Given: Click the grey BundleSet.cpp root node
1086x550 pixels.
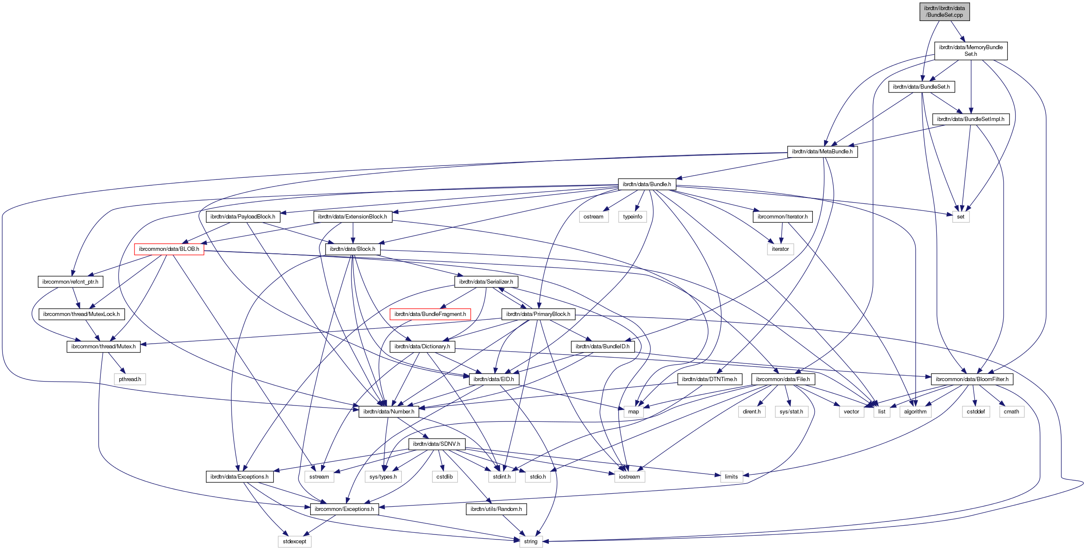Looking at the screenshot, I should (x=944, y=11).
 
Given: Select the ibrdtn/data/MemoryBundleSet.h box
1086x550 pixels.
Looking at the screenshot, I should (x=970, y=50).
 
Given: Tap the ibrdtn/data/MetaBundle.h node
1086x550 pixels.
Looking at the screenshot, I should (x=822, y=152).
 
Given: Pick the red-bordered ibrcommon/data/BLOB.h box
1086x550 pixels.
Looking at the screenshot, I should (x=169, y=249).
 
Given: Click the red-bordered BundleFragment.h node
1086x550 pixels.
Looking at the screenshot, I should (x=430, y=314).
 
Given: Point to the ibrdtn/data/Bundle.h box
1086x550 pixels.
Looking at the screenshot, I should (x=647, y=184).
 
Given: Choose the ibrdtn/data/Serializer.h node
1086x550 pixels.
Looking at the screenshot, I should (x=486, y=282).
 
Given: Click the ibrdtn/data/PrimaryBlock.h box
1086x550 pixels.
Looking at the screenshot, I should (x=538, y=314).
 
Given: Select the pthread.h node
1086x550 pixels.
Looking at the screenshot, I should (x=130, y=379).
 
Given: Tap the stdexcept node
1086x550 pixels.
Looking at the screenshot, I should (x=294, y=541).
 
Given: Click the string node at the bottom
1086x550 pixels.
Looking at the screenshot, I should (x=530, y=541).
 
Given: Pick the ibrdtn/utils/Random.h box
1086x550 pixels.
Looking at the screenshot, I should (x=496, y=509).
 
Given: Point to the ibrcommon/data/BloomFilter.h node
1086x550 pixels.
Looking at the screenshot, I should (x=972, y=379).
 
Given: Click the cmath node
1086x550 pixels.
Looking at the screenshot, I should (x=1011, y=411).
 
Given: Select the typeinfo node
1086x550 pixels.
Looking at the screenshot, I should (x=633, y=217).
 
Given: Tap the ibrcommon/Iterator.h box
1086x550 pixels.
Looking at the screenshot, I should (x=783, y=217).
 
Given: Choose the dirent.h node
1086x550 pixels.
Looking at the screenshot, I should (x=752, y=411).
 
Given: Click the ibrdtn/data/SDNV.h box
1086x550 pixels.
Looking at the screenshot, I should (x=436, y=444).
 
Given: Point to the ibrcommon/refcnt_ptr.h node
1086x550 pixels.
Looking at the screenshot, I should (x=70, y=282).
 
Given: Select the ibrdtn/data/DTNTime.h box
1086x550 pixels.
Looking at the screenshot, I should (x=709, y=379).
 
